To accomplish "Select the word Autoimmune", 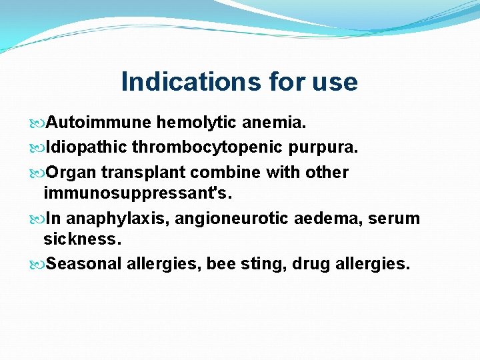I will pos(99,123).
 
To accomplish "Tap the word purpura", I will pos(329,147).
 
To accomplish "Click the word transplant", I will pos(143,173).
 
